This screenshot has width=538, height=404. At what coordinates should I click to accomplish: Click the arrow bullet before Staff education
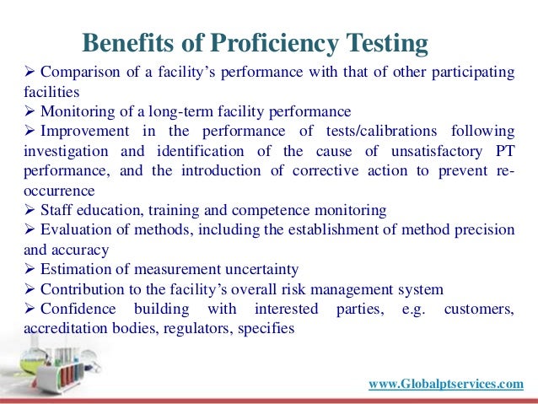coord(8,209)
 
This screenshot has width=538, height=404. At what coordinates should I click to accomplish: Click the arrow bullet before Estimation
coord(8,269)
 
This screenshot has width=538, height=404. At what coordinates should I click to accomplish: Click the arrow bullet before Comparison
coord(8,73)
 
